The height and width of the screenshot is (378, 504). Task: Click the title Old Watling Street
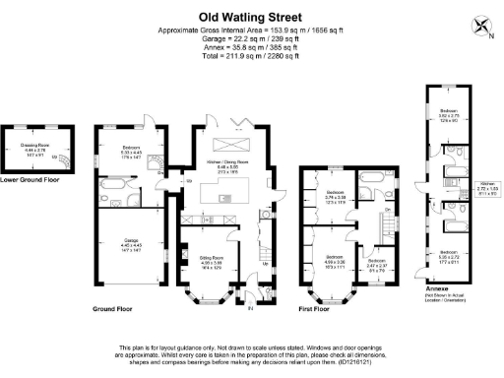coord(251,16)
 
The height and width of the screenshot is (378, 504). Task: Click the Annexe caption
coord(430,286)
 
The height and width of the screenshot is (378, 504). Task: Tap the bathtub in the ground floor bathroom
coord(113,185)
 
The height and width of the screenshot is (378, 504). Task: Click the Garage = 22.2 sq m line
coord(251,38)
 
